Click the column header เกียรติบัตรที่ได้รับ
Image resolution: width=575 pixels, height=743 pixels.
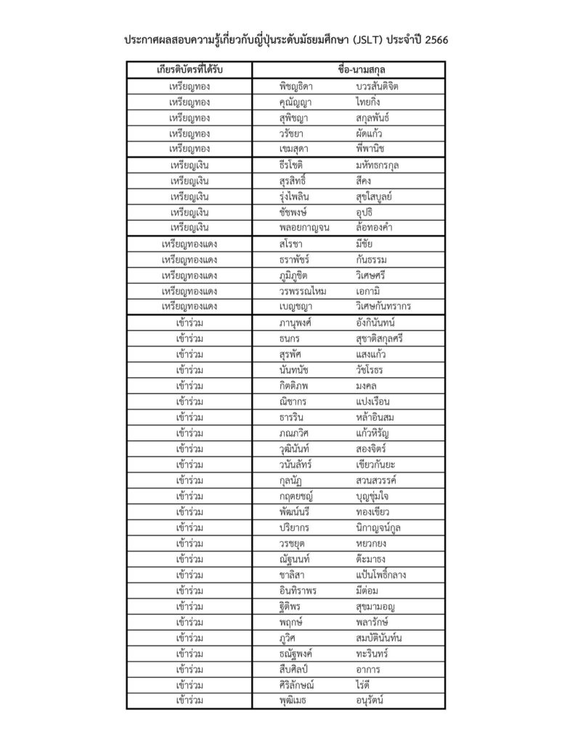point(189,70)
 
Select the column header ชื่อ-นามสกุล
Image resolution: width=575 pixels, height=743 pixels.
point(348,70)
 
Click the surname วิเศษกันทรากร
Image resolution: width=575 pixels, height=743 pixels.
point(383,306)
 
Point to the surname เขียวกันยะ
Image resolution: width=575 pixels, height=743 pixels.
point(376,464)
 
